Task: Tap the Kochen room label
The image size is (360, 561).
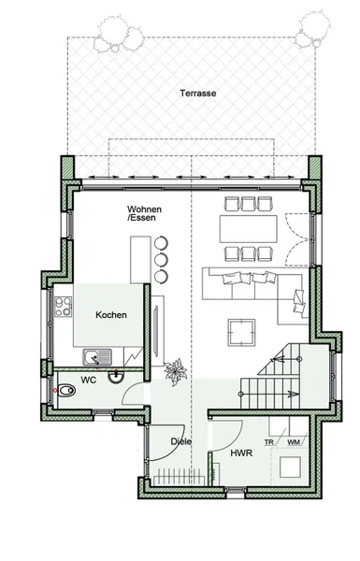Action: (x=110, y=316)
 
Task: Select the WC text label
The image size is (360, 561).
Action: (x=88, y=381)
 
